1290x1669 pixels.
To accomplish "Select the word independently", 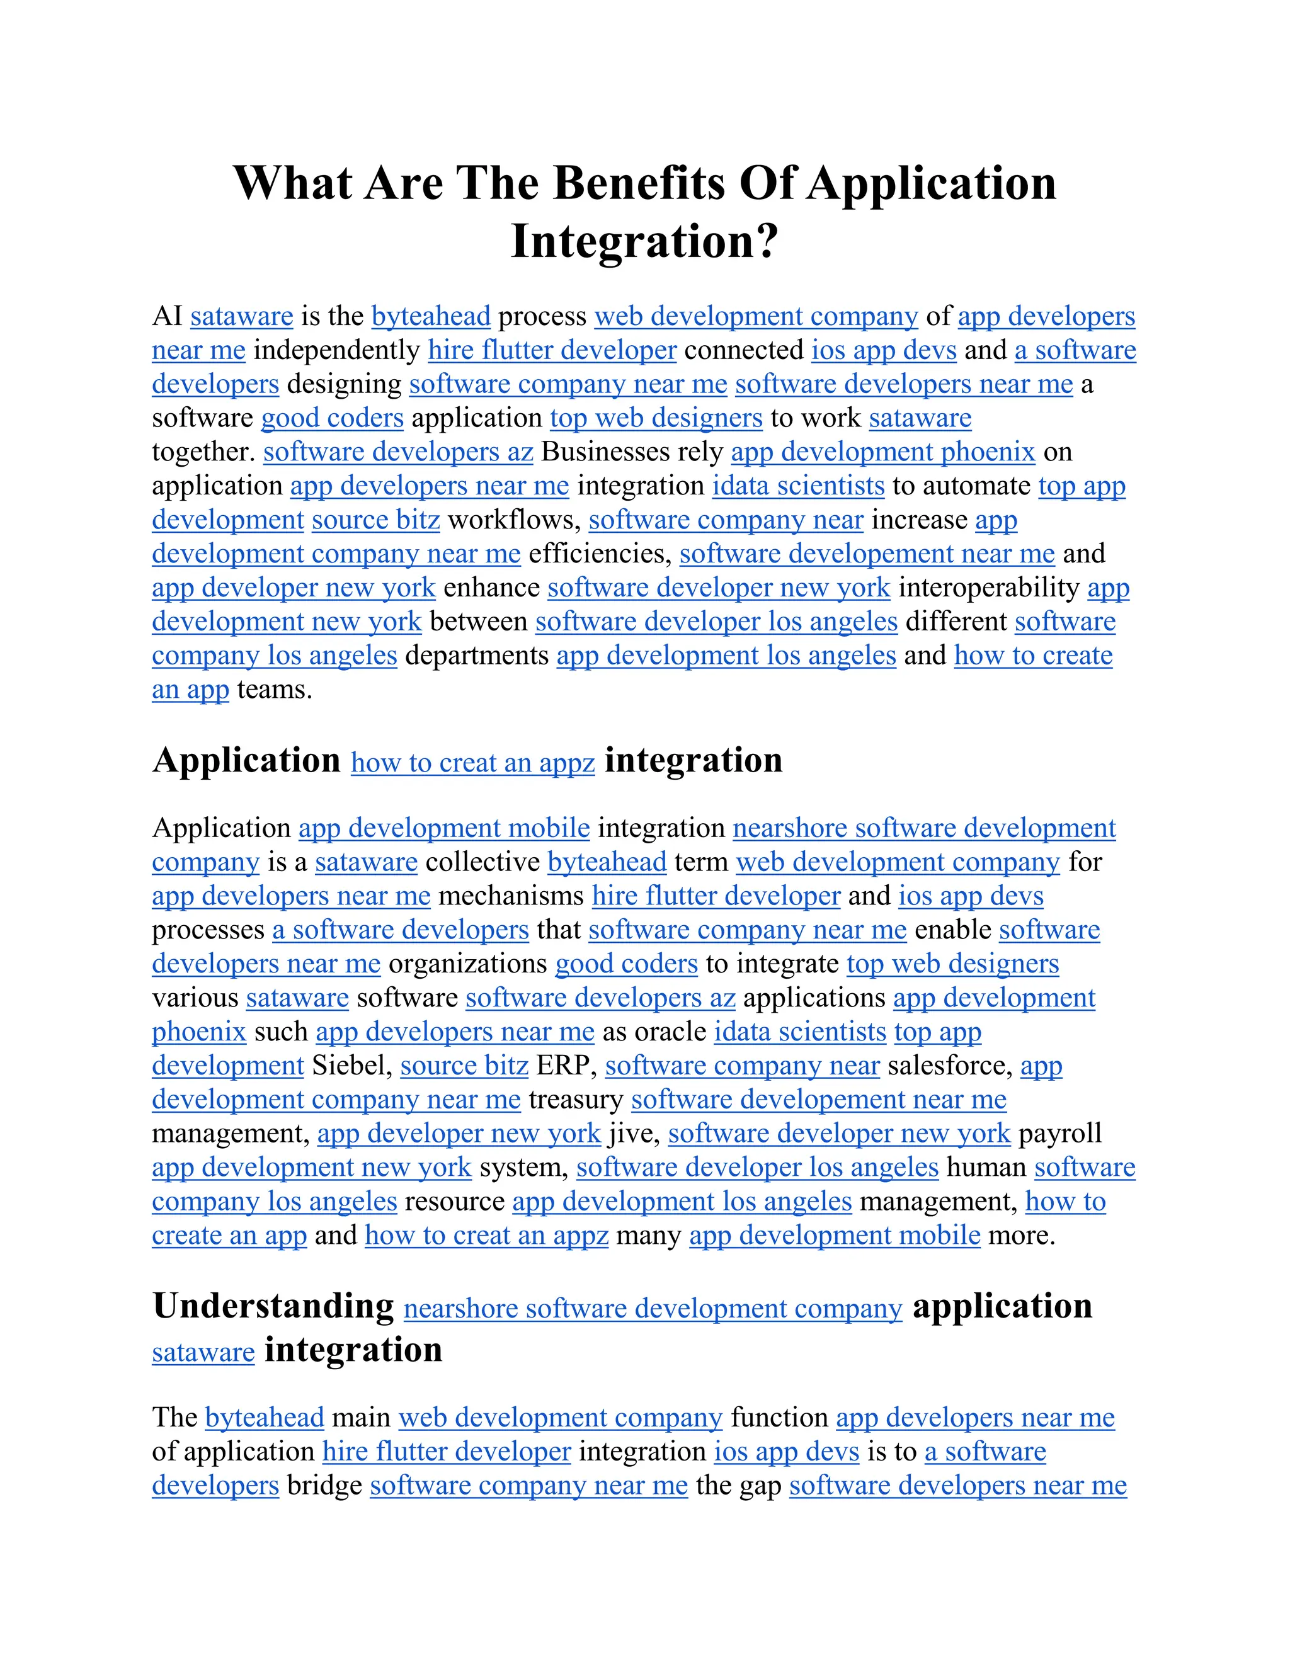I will coord(336,351).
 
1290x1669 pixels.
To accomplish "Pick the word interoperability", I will coord(988,588).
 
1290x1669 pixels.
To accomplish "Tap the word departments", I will coord(477,656).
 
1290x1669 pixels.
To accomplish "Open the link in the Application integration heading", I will coord(472,763).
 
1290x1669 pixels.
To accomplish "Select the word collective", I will coord(482,863).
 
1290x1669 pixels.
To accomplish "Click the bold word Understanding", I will coord(273,1306).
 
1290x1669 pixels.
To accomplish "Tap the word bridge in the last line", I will coord(324,1486).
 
